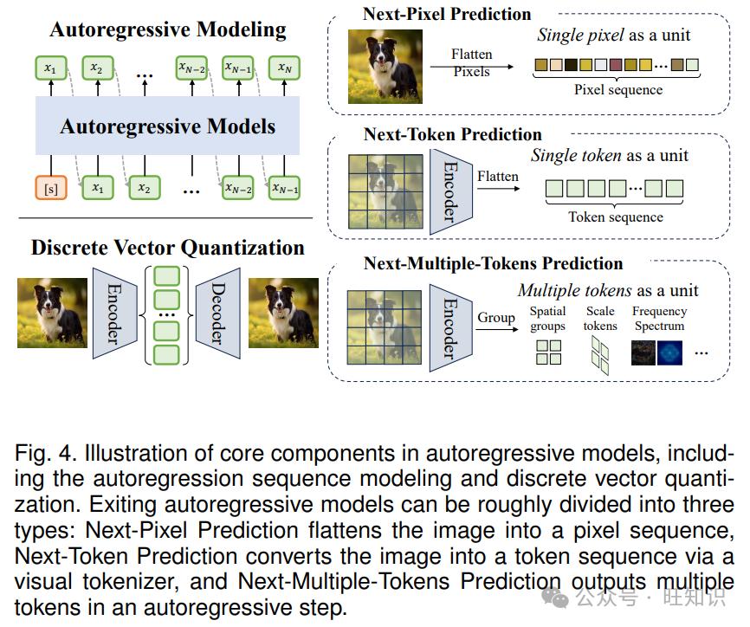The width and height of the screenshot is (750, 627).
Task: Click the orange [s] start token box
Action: click(51, 188)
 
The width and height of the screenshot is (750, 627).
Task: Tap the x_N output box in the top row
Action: click(284, 68)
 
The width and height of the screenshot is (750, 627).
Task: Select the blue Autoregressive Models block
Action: click(167, 126)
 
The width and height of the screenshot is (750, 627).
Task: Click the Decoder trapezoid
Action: click(218, 313)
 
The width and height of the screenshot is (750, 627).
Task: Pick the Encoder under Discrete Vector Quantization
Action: click(115, 313)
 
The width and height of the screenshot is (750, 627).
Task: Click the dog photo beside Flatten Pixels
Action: click(385, 67)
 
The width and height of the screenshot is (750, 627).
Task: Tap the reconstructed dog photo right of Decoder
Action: click(284, 313)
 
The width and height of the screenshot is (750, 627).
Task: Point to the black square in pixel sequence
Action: click(571, 65)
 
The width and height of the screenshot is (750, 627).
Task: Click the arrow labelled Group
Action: click(497, 329)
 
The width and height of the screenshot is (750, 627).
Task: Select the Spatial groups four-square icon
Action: click(548, 352)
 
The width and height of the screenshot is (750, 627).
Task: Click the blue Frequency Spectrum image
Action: click(669, 353)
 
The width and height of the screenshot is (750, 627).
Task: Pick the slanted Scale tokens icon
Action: click(600, 355)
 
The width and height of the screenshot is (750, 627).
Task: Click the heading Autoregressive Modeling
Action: click(168, 29)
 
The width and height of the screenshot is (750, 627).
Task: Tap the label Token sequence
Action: click(616, 217)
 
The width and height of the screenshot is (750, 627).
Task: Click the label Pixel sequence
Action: click(618, 90)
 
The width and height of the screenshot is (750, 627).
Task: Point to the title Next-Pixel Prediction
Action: click(447, 14)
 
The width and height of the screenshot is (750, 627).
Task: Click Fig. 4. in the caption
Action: click(45, 453)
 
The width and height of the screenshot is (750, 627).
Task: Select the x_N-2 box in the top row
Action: click(191, 68)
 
